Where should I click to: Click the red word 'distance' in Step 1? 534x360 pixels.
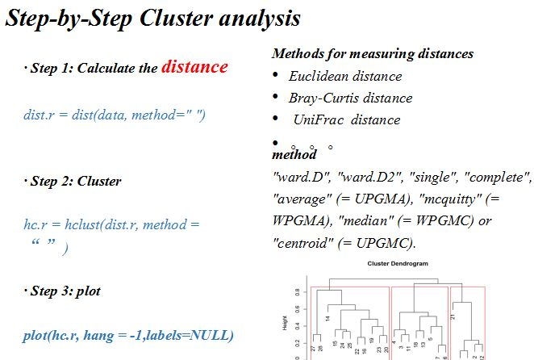click(194, 67)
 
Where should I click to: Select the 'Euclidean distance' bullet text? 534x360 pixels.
click(344, 77)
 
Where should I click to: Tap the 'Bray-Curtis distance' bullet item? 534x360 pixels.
click(350, 98)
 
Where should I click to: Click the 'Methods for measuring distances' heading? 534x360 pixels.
click(373, 54)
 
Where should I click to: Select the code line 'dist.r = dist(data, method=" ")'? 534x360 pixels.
click(115, 115)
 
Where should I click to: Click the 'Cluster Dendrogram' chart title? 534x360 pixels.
click(398, 264)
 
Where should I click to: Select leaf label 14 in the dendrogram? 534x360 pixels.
click(328, 318)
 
